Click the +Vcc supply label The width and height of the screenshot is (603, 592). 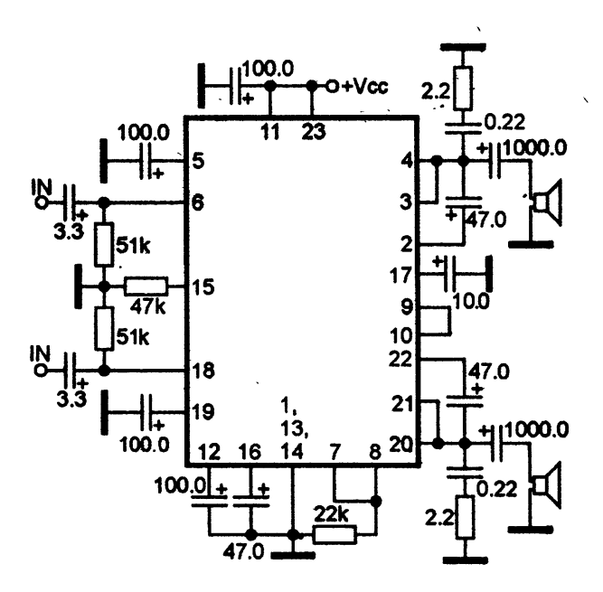[364, 87]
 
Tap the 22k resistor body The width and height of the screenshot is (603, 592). [334, 535]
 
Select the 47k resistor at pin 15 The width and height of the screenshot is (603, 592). [146, 287]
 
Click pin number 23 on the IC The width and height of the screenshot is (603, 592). [314, 132]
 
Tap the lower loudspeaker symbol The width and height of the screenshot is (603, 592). [546, 485]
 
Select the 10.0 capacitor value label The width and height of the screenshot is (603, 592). [471, 302]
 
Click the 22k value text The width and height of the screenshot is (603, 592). [331, 514]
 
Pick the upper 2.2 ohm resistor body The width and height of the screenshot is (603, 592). [464, 89]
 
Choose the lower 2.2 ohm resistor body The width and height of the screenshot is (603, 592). [465, 518]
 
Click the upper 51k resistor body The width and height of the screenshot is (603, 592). [104, 245]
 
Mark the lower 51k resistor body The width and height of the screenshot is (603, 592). [104, 329]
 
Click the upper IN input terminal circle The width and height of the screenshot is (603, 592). [41, 202]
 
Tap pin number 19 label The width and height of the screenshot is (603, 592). [203, 412]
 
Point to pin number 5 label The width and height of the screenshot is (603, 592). [198, 161]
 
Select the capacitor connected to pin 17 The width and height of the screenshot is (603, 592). [449, 274]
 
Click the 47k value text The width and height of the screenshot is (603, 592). [147, 306]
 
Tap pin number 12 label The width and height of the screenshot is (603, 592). [210, 452]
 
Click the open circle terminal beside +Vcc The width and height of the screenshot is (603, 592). [332, 87]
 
